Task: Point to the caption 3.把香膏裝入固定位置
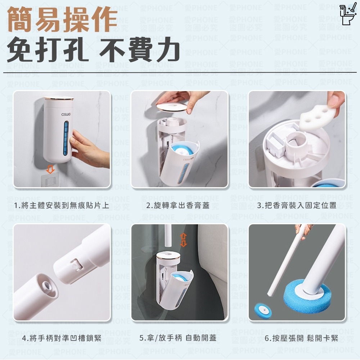297,206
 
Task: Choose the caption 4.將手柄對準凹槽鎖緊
62,339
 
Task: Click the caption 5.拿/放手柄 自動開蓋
178,339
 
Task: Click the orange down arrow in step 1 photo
51,169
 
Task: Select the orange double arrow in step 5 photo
184,239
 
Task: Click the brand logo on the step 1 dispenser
66,115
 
